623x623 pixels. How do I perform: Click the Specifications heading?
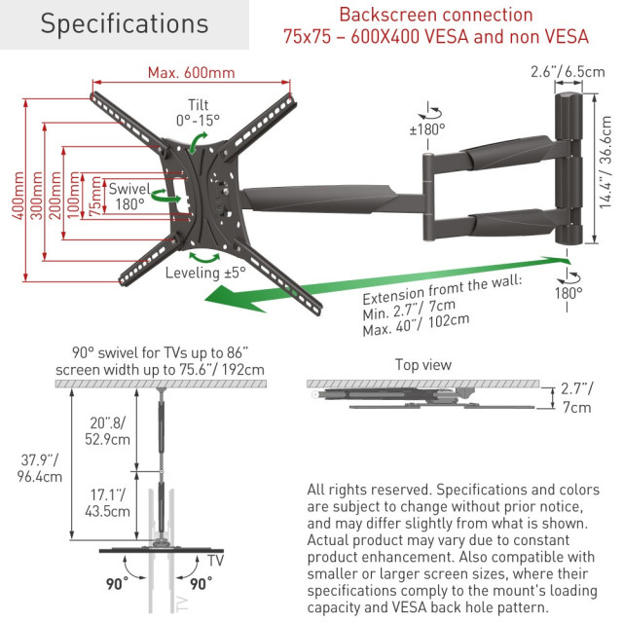pos(124,23)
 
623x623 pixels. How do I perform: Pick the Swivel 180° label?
pos(127,196)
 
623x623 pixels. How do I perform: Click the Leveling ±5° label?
pos(206,273)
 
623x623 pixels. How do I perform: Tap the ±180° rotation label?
pos(427,128)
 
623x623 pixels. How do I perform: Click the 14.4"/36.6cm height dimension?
pos(606,165)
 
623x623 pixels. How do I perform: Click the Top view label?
pos(422,364)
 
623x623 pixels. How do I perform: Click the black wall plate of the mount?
pos(572,165)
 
